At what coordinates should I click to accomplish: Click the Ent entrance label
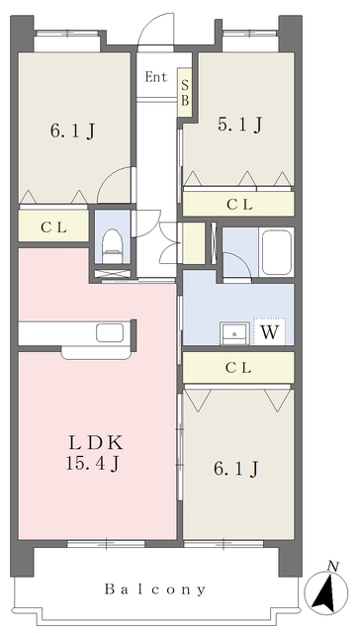coord(155,76)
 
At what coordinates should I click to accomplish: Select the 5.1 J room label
coord(239,125)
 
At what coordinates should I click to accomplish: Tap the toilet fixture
coord(112,241)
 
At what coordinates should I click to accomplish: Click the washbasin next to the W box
coord(234,331)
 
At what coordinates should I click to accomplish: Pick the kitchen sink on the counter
coord(110,332)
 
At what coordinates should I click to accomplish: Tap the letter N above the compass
coord(333,566)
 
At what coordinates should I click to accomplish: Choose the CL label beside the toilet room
coord(53,227)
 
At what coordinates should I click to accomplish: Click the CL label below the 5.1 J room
coord(238,205)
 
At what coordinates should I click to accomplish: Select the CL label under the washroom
coord(238,368)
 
